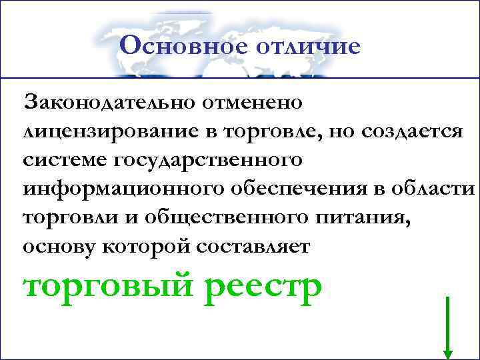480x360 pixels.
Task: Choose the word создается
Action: point(411,132)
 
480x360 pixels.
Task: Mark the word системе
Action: point(64,161)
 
